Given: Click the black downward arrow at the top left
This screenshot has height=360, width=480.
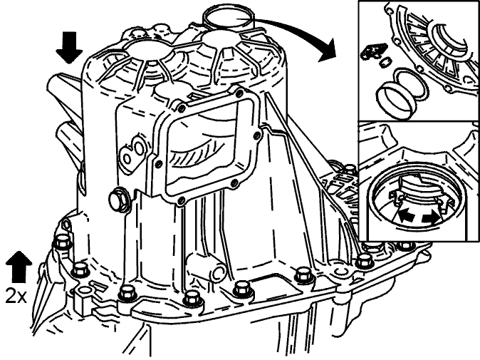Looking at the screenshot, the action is coord(69,48).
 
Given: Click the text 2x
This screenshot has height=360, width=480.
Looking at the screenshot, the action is coord(16,296).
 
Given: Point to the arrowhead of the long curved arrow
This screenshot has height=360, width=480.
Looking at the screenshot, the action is coord(329,52).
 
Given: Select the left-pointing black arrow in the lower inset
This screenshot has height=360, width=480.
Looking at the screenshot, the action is coord(406,217).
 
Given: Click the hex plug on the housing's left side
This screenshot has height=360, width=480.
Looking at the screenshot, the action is coord(119,200).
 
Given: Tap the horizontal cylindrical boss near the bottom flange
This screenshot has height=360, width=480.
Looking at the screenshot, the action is coord(207,267).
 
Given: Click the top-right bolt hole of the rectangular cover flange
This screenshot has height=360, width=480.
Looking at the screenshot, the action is coord(240,92).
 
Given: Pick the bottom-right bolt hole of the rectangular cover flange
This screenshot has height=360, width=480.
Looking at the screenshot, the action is coord(234,183).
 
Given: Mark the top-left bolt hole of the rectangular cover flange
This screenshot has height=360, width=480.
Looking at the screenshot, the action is coord(182,108).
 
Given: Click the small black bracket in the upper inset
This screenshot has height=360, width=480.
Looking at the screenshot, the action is coord(373,51).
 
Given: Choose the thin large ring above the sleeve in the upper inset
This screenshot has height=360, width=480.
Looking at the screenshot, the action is coord(409,83).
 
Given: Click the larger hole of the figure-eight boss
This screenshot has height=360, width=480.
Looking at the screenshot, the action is coord(139,148).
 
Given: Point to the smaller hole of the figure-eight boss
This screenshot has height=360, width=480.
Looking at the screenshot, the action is coord(127,159).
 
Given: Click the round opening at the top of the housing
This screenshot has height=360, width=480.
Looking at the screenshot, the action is coord(228,18).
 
